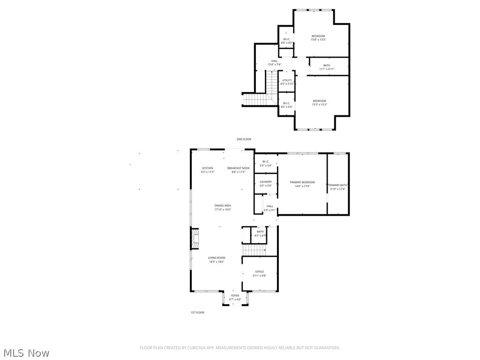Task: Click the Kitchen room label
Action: (x=207, y=170)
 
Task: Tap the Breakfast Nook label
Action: (x=239, y=170)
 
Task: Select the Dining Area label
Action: (x=223, y=207)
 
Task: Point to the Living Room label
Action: (x=217, y=259)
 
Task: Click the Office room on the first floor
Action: (x=260, y=273)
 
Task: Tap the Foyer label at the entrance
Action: (x=235, y=297)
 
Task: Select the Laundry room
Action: (x=266, y=183)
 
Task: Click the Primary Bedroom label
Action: (x=302, y=184)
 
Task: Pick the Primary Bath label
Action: (x=338, y=187)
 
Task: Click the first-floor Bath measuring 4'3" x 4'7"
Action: (x=260, y=233)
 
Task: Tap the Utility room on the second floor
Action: (x=287, y=82)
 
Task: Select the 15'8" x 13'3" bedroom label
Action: (x=318, y=37)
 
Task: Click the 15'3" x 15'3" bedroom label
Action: (x=319, y=102)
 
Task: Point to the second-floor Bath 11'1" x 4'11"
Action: (x=326, y=67)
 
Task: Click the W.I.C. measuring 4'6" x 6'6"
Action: (x=286, y=105)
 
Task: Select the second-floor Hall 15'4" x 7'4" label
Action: (x=274, y=62)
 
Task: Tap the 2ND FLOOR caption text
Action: (x=244, y=139)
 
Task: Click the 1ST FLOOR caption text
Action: (x=197, y=312)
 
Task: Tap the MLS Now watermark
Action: (x=26, y=352)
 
